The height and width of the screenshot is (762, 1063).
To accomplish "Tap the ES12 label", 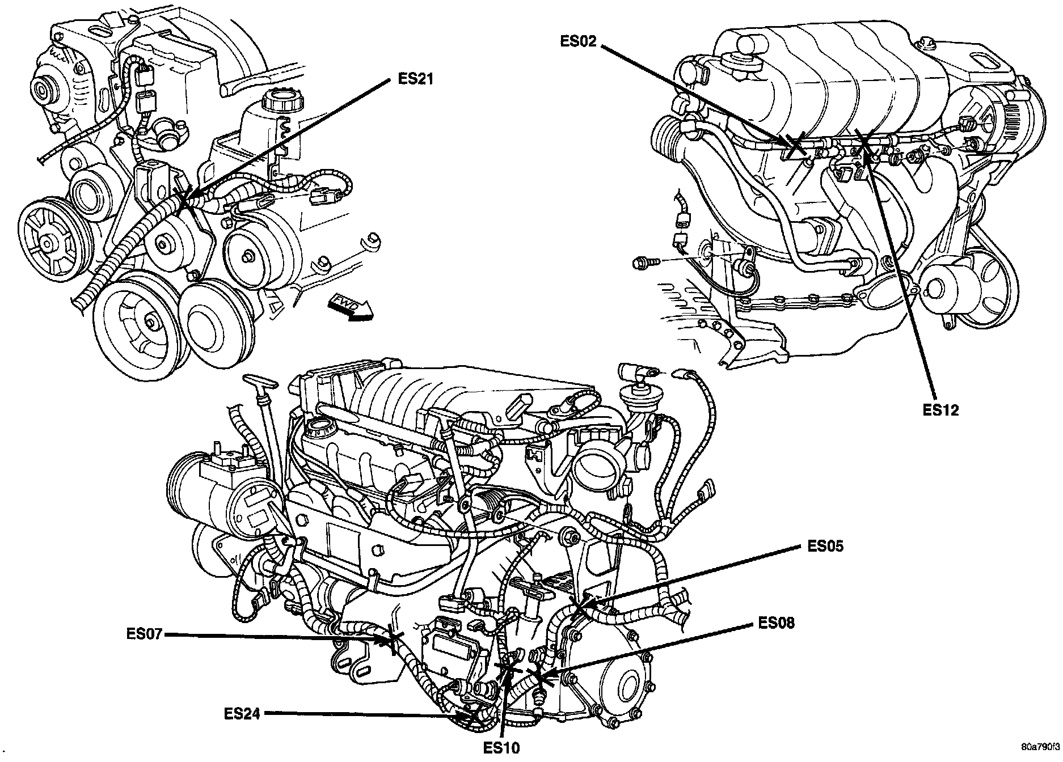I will coord(940,409).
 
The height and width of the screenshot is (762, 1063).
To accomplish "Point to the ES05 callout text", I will coord(825,545).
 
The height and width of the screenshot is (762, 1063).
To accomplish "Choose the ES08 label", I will coord(776,623).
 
